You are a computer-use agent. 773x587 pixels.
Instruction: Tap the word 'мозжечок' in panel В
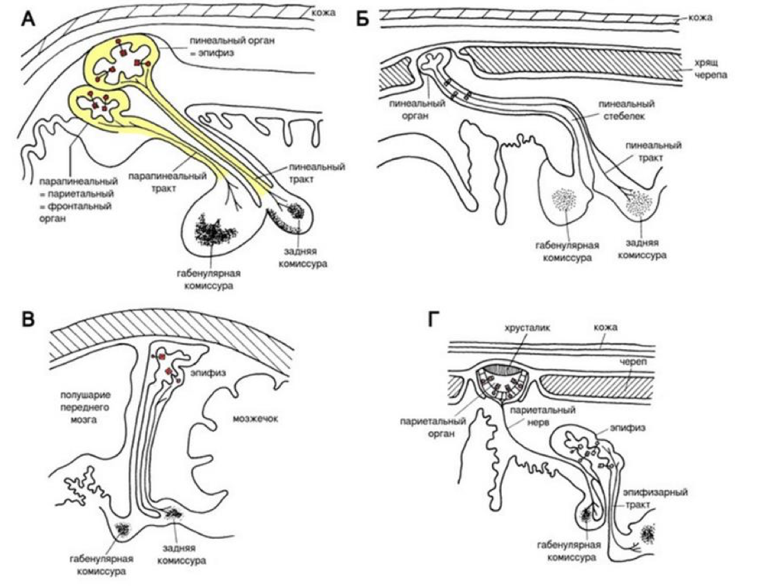coord(255,419)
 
